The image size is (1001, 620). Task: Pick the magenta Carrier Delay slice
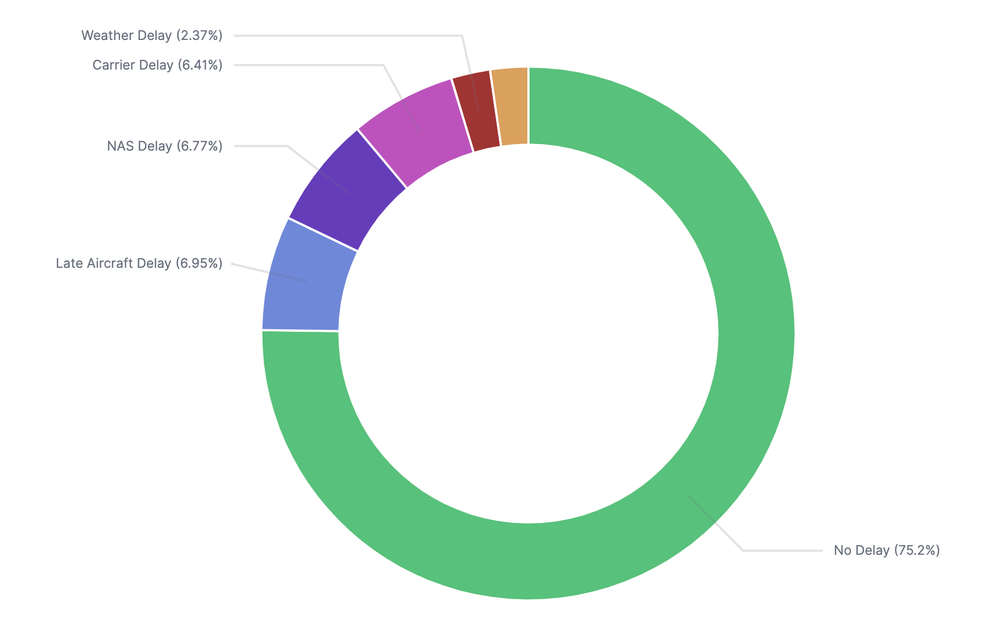[417, 131]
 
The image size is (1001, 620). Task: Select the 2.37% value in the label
[200, 36]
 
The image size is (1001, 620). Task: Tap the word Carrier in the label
[112, 65]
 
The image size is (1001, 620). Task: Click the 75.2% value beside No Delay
[917, 550]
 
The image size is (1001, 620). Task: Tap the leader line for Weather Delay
[351, 36]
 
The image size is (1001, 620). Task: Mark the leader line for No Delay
[784, 550]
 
